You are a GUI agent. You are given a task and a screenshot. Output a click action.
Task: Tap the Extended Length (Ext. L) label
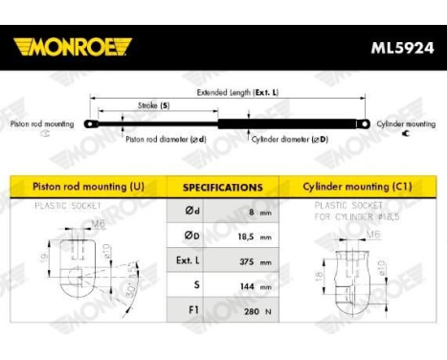(237, 92)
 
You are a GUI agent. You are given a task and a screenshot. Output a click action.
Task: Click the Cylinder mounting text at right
(405, 124)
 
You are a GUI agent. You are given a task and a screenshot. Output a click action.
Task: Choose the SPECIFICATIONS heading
(222, 188)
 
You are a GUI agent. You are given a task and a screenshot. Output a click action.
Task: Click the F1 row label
(187, 310)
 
